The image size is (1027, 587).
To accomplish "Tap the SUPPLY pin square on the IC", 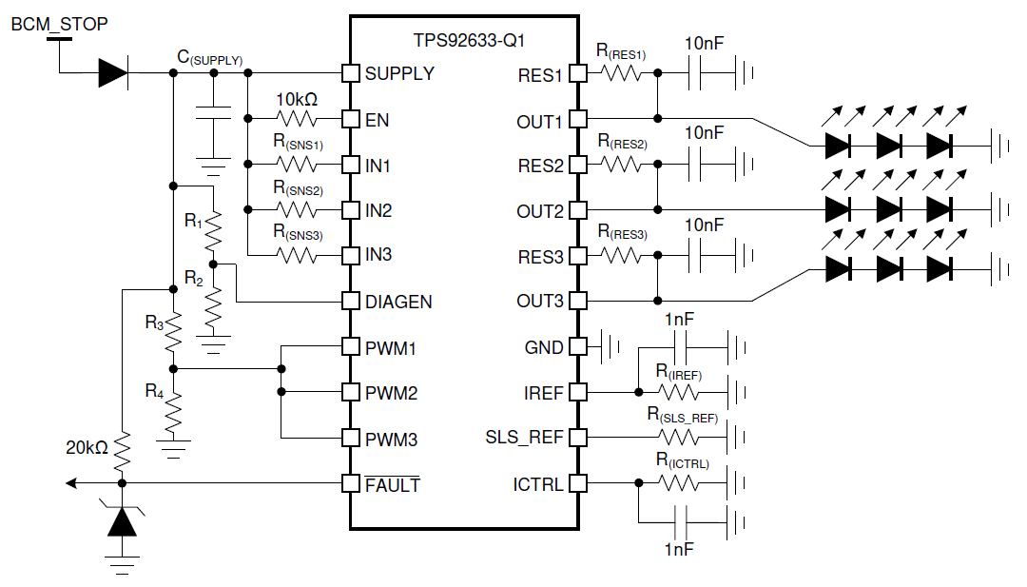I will tap(350, 73).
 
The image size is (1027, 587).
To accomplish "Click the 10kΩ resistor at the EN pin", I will tap(296, 119).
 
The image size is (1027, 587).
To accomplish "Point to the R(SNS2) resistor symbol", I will tap(296, 209).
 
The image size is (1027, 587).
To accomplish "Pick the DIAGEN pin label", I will tap(398, 302).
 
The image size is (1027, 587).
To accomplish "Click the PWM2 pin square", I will tap(350, 392).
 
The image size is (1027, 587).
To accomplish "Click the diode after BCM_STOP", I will tap(113, 73).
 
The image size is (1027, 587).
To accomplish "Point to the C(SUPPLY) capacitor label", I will tap(209, 58).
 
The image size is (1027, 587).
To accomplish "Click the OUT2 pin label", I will tap(540, 210).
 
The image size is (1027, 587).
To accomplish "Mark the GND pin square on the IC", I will tap(578, 347).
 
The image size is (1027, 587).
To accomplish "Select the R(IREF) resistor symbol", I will tap(677, 391).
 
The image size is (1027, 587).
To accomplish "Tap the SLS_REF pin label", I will tap(524, 438).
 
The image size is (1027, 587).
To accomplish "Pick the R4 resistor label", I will tap(154, 390).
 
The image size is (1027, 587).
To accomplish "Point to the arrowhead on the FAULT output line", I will tap(71, 483).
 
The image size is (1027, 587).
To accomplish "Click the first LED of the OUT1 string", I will tap(838, 145).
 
